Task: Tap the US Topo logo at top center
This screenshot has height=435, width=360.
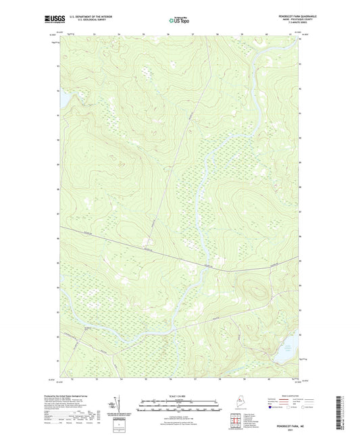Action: coord(179,21)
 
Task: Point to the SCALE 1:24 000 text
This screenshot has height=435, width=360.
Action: coord(179,396)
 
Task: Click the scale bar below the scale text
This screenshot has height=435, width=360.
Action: coord(179,405)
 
